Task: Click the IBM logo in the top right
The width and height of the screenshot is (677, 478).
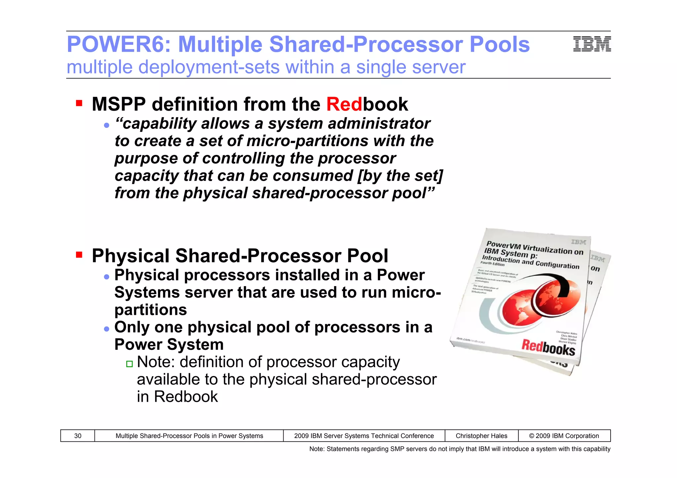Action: coord(592,44)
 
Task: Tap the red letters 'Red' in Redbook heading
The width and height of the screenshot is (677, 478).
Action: coord(344,104)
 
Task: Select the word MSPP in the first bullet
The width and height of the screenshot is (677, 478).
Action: coord(119,104)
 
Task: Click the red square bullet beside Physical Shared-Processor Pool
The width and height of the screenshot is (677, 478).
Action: coord(79,255)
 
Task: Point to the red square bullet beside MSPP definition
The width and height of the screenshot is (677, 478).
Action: coord(79,103)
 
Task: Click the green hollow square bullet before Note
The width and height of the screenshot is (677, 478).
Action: coord(129,364)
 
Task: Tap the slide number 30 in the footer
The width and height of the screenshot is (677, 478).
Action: coord(78,436)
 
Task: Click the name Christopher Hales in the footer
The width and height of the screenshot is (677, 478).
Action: coord(481,436)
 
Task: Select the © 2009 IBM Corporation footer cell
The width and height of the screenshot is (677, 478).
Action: coord(564,436)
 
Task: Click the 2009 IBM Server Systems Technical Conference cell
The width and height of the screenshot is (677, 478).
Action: coord(364,436)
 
